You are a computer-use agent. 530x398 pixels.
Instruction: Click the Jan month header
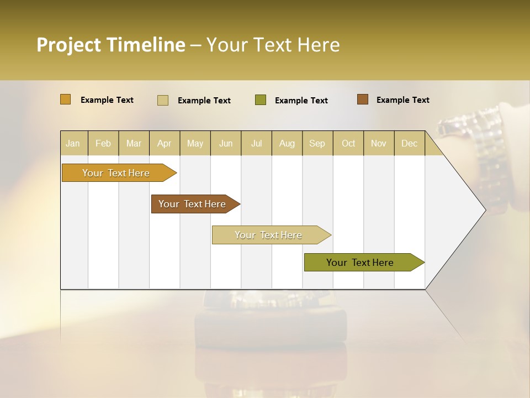coord(73,143)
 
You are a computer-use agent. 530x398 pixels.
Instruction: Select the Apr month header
coord(165,143)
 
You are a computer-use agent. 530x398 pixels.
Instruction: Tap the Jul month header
coord(256,143)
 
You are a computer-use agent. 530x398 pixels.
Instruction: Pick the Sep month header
coord(317,143)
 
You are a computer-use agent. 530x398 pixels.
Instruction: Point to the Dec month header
coord(409,143)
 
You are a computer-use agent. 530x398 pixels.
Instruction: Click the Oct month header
coord(348,143)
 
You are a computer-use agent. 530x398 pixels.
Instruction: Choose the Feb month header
coord(103,143)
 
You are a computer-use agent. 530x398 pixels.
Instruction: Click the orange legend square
coord(66,99)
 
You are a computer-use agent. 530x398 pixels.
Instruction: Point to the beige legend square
coord(163,100)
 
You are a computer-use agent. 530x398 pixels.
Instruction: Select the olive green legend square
coord(261,100)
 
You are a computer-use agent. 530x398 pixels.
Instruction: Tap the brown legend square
coord(362,99)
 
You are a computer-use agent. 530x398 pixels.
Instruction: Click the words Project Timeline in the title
coord(110,45)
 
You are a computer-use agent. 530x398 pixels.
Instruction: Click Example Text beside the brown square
coord(402,100)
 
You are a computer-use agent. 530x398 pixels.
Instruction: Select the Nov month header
coord(379,143)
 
